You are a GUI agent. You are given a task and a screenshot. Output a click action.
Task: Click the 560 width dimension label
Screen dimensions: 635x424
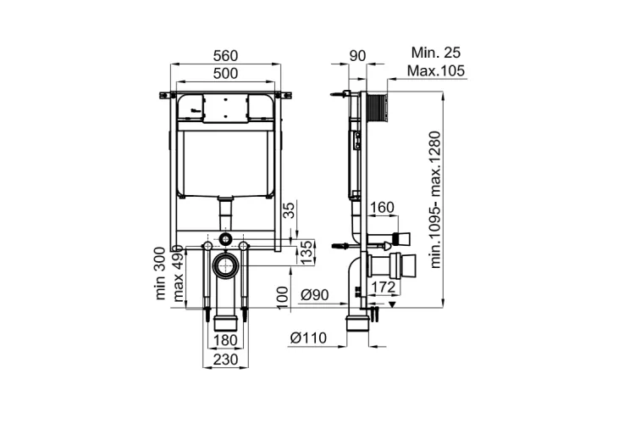225,56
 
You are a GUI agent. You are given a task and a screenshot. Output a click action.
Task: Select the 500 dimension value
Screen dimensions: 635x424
225,74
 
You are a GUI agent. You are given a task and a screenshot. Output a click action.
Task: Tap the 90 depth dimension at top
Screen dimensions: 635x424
357,56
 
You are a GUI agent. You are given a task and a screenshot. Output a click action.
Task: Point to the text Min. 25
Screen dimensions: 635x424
436,53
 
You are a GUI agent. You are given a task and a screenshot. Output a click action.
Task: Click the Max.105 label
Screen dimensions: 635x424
436,70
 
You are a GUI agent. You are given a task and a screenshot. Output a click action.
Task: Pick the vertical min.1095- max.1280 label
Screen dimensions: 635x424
435,199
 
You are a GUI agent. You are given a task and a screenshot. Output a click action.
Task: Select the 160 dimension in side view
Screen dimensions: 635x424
382,207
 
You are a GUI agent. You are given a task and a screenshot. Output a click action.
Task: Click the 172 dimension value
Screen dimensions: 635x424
383,287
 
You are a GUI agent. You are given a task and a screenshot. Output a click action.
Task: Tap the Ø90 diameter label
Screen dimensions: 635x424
315,295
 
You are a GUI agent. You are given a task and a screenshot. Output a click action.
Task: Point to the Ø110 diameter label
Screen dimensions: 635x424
308,338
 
